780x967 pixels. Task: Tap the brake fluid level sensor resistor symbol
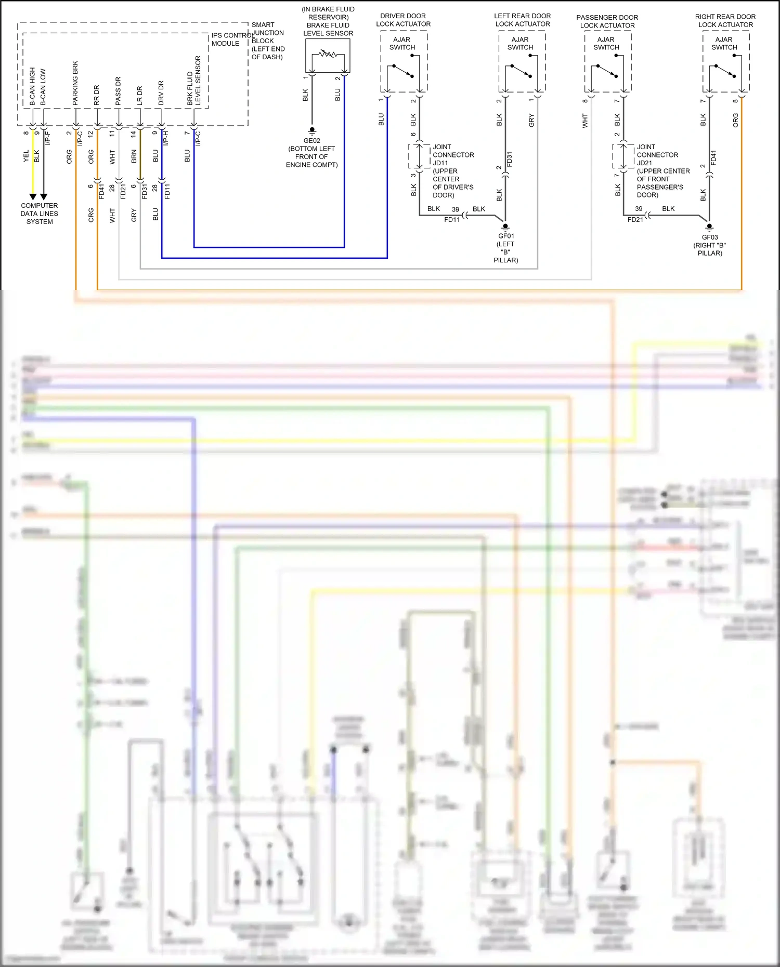click(328, 54)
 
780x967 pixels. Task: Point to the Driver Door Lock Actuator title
click(403, 20)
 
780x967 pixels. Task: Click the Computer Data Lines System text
click(40, 214)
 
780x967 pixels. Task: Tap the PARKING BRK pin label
click(75, 83)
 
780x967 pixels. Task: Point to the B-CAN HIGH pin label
click(32, 86)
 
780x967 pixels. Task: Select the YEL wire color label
click(26, 156)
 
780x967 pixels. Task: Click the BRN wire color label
click(134, 156)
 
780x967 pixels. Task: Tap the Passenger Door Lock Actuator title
click(607, 21)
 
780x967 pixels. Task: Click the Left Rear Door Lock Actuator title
click(522, 20)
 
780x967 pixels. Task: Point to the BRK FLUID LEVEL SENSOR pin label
click(193, 81)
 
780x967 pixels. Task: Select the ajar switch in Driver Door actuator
click(404, 71)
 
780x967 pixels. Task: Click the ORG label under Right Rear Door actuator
click(735, 120)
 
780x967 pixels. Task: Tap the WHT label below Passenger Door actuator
click(585, 121)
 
